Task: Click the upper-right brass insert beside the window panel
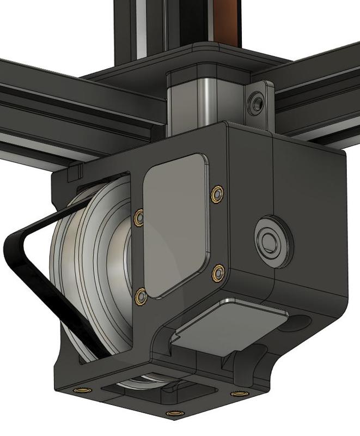(218, 192)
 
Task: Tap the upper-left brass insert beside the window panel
(139, 217)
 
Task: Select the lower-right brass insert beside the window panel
(218, 272)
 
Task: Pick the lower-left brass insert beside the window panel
(141, 296)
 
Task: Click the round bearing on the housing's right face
(270, 239)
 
